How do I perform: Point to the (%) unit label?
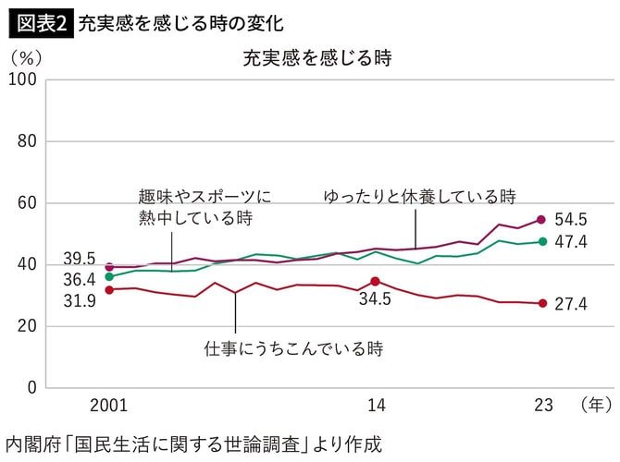[x=27, y=57]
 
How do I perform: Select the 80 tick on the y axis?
[x=26, y=141]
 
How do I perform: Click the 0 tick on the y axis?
[x=31, y=387]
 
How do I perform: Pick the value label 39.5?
[x=77, y=256]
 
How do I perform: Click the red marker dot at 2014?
[x=375, y=282]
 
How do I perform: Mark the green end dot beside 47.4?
[x=543, y=242]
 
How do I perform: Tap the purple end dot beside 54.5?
[x=543, y=220]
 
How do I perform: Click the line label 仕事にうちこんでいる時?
[x=293, y=349]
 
